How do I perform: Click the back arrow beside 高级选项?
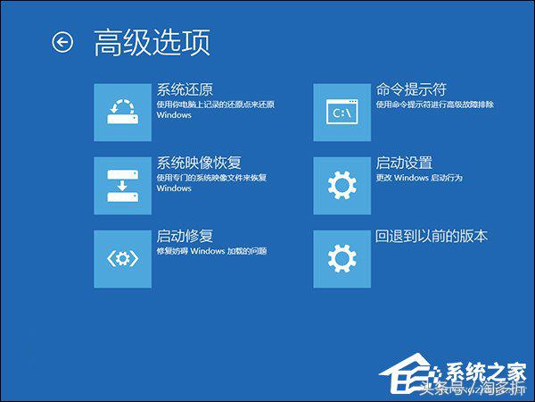point(62,42)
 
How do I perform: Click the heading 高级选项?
point(152,42)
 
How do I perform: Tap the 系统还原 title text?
point(185,89)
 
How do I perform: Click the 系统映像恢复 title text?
point(199,163)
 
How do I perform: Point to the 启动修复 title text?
point(185,236)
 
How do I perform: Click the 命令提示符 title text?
point(411,89)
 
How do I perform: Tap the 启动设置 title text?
point(404,163)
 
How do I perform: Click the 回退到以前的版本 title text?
point(432,236)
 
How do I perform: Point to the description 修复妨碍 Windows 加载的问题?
point(211,251)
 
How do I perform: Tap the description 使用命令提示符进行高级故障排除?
point(434,105)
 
